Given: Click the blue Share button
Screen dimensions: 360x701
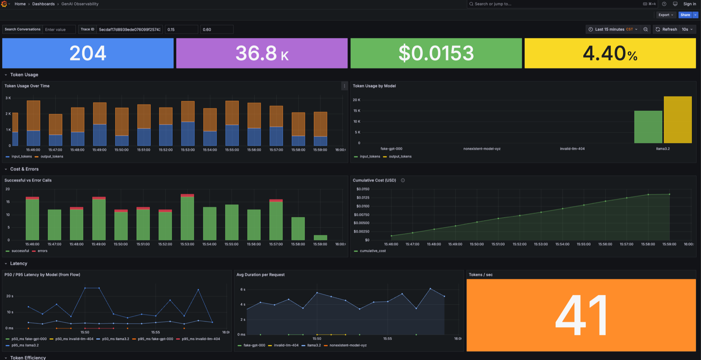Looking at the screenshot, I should pos(685,15).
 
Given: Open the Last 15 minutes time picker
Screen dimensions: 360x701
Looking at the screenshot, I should pos(612,29).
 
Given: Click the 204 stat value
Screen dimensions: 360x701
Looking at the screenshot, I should pos(88,53).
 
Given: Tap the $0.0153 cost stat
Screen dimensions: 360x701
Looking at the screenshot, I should pos(436,53).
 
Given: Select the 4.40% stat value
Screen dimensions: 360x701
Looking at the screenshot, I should pos(610,53).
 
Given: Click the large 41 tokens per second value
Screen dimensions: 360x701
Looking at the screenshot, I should pos(581,315).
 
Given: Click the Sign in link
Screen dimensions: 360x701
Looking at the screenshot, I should pos(690,4).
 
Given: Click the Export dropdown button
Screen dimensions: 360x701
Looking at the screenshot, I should pos(666,15).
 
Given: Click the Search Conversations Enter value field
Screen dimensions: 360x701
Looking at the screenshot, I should pos(59,30).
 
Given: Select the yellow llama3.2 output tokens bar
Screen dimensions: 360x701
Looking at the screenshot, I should pos(677,120).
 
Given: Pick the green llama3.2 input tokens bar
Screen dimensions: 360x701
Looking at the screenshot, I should pos(648,127).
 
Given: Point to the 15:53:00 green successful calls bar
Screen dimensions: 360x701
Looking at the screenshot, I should pos(188,218).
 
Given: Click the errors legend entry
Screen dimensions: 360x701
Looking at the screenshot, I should pos(42,251).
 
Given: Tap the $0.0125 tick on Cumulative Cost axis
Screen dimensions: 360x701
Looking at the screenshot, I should pos(363,198).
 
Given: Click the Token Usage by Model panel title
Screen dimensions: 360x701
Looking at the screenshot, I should pos(374,86).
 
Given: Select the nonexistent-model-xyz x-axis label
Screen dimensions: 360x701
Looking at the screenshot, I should pos(481,149).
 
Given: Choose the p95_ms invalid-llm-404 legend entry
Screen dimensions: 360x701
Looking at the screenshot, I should pos(201,339).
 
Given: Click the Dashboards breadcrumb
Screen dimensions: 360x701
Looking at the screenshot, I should pos(43,4).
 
